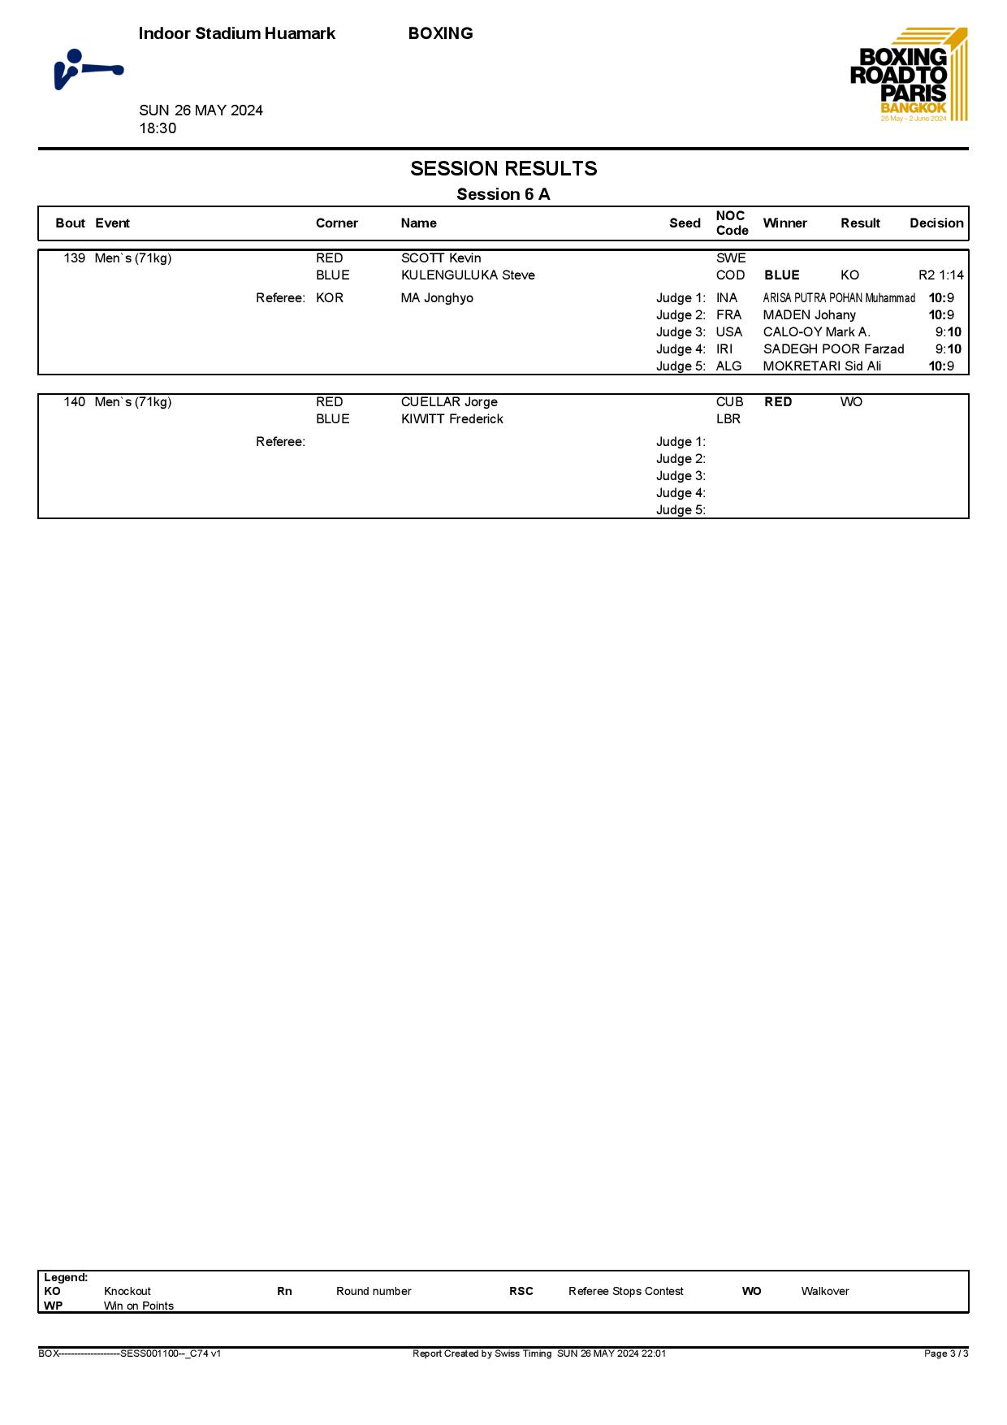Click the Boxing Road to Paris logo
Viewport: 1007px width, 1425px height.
point(908,75)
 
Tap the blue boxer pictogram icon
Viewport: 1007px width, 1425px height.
point(88,70)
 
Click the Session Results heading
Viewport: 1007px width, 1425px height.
point(503,169)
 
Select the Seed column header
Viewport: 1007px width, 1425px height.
point(685,223)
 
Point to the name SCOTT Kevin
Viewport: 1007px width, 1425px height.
point(441,258)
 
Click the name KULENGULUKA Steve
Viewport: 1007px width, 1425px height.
point(468,275)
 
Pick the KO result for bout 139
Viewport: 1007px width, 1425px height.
point(849,275)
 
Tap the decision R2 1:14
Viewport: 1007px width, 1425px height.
point(940,275)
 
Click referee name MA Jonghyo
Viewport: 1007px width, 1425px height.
point(437,298)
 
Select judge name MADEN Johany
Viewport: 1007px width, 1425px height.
point(809,315)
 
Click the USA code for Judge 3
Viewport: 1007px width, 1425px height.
point(728,332)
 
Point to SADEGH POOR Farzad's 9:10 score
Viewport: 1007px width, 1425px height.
point(948,349)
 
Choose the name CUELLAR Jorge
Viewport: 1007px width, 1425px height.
point(449,402)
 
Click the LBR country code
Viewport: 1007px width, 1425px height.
point(728,419)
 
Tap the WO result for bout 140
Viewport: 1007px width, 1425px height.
point(851,402)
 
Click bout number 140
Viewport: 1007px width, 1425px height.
point(74,402)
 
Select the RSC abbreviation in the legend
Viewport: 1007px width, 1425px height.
point(521,1291)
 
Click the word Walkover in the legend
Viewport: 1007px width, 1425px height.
point(824,1291)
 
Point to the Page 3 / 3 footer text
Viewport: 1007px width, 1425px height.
point(945,1354)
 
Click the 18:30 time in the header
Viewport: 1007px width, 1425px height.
point(158,128)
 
